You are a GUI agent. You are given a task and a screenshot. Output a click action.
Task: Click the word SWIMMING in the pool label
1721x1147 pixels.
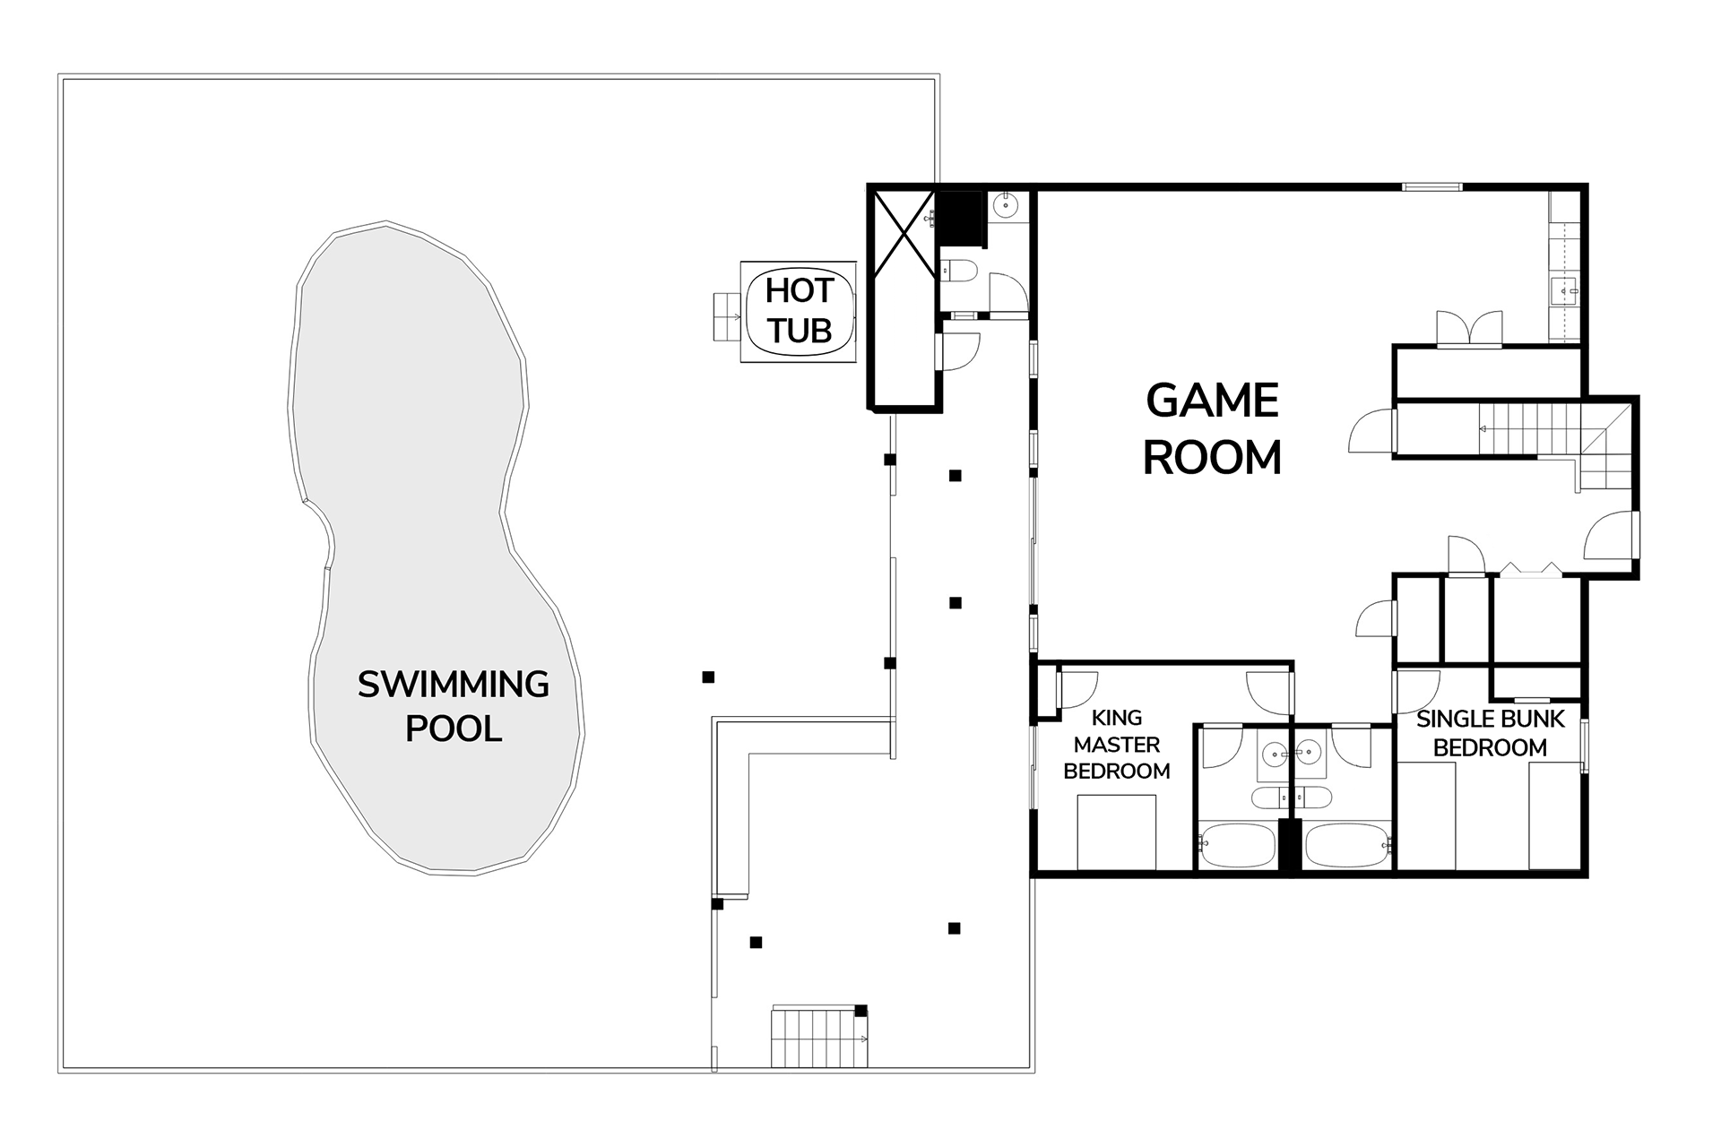coord(453,685)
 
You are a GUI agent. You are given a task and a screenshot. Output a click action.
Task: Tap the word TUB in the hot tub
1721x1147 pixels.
coord(800,331)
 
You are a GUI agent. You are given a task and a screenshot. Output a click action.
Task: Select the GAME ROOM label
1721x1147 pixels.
coord(1212,428)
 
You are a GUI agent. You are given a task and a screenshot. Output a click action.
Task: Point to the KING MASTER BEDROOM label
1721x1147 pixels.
coord(1117,744)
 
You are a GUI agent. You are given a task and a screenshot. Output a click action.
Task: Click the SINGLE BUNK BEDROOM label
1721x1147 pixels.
coord(1490,733)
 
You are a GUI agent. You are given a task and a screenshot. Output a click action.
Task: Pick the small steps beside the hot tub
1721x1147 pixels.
coord(727,316)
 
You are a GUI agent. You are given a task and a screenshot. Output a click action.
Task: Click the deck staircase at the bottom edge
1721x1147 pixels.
coord(820,1037)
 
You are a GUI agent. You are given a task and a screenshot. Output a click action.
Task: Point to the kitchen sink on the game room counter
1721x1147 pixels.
coord(1565,291)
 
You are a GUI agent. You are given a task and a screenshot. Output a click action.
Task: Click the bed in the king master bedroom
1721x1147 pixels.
coord(1117,832)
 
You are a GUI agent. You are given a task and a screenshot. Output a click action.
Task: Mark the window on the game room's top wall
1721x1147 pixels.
coord(1432,187)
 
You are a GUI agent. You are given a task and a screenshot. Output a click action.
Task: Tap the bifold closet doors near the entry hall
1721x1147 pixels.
coord(1531,569)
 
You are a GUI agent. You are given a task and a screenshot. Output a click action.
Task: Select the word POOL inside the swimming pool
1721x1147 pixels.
coord(453,729)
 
